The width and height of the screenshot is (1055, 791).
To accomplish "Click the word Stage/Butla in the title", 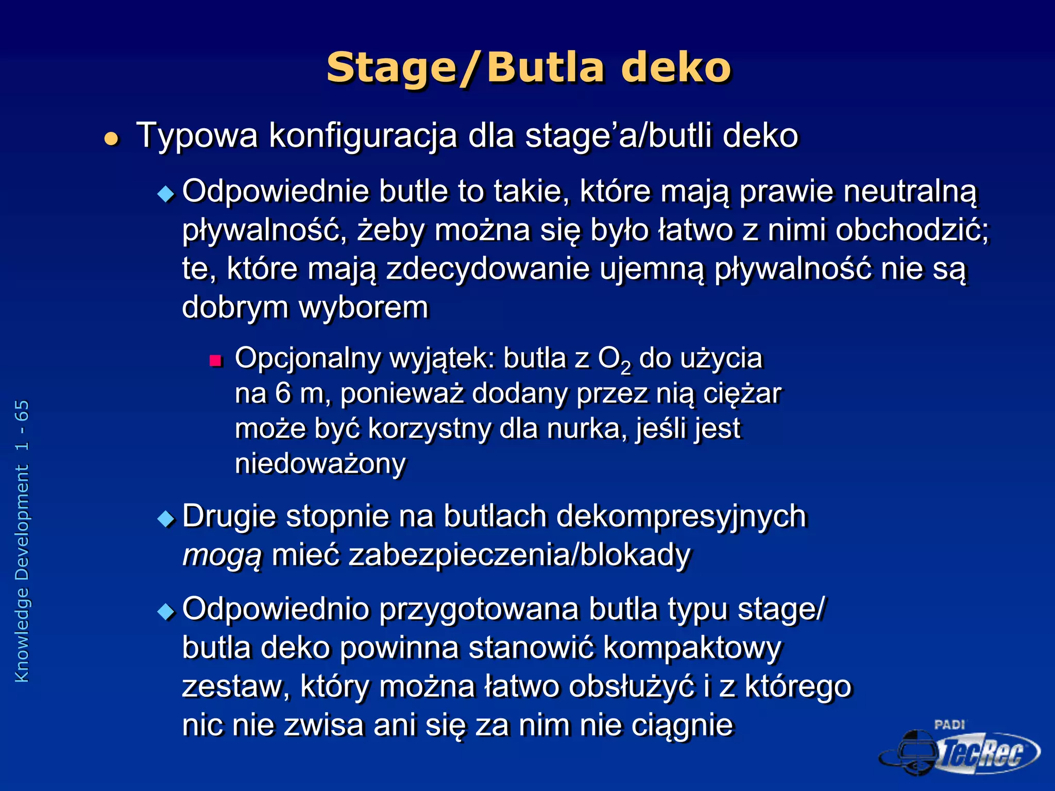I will point(465,68).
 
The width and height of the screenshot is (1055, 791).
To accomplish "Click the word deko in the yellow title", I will point(676,68).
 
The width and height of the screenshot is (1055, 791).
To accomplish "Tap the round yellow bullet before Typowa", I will point(111,139).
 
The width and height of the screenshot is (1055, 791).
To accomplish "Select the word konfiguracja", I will point(363,136).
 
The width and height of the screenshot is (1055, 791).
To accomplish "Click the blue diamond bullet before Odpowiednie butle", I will point(166,194).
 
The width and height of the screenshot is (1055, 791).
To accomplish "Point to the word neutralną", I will point(910,192).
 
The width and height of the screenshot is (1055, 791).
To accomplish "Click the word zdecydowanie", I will point(487,269).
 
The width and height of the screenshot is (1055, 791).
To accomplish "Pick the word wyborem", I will point(364,308).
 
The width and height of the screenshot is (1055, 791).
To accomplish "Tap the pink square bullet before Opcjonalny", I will point(215,360).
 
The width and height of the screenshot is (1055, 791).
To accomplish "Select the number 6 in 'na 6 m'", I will point(283,393).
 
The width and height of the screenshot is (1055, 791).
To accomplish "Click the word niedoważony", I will point(320,463).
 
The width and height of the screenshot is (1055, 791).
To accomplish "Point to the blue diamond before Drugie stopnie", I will point(166,519).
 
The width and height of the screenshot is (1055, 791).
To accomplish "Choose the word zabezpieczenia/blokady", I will point(519,555).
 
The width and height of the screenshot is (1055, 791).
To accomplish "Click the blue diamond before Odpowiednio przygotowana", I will point(166,611).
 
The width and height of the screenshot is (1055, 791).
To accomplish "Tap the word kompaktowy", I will point(692,648).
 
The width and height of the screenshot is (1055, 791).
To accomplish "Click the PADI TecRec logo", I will point(959,749).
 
